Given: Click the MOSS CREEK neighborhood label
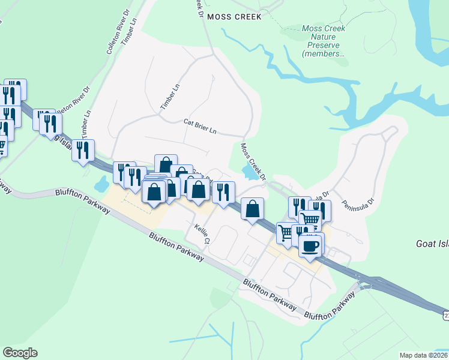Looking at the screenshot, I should [234, 17].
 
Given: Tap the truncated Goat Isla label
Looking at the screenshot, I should [432, 244].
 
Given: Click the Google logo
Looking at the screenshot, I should [20, 352].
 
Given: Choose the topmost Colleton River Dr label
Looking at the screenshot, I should [118, 38].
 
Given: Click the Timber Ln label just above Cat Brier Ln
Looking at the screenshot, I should [169, 96].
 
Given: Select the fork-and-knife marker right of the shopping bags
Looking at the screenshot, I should [223, 192].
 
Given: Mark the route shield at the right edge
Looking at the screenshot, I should [445, 314].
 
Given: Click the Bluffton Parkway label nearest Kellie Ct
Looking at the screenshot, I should [176, 247].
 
